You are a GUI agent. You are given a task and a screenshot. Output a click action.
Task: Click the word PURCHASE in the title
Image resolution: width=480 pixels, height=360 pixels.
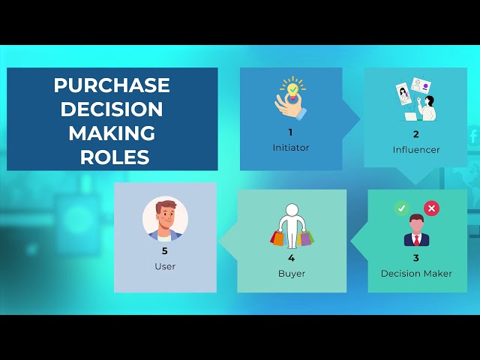[112, 85]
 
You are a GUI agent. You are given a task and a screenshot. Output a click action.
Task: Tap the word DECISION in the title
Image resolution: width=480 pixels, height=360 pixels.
[112, 109]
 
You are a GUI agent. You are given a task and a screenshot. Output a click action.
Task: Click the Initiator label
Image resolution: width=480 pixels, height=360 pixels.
[291, 148]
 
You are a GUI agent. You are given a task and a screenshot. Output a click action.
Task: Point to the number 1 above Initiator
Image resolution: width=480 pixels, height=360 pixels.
[290, 132]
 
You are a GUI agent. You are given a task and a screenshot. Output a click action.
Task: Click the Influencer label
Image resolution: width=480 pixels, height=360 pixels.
[416, 150]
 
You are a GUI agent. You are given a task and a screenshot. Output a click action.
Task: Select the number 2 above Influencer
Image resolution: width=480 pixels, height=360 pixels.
[416, 134]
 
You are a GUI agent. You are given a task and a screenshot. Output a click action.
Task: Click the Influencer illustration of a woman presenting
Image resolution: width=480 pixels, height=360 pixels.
[415, 100]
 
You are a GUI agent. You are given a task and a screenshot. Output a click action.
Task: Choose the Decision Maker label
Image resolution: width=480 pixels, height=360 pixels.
[416, 274]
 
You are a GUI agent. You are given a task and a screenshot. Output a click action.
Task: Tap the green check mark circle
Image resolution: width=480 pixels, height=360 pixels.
[401, 208]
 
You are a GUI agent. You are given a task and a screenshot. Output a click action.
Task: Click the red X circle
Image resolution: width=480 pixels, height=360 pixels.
[431, 208]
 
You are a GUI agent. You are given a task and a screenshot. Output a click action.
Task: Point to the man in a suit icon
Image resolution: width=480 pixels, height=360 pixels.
[415, 231]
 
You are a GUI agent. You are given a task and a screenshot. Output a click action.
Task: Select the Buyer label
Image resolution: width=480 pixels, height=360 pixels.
[292, 274]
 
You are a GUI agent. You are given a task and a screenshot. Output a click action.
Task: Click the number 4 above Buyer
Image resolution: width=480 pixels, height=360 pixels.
[292, 258]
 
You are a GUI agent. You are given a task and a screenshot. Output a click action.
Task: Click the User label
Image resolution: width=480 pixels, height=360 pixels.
[165, 266]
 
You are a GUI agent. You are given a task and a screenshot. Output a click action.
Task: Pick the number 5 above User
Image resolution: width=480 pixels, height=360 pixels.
[165, 250]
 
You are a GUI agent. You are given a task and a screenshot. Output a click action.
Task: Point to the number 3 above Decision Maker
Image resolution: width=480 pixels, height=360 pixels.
[416, 258]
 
